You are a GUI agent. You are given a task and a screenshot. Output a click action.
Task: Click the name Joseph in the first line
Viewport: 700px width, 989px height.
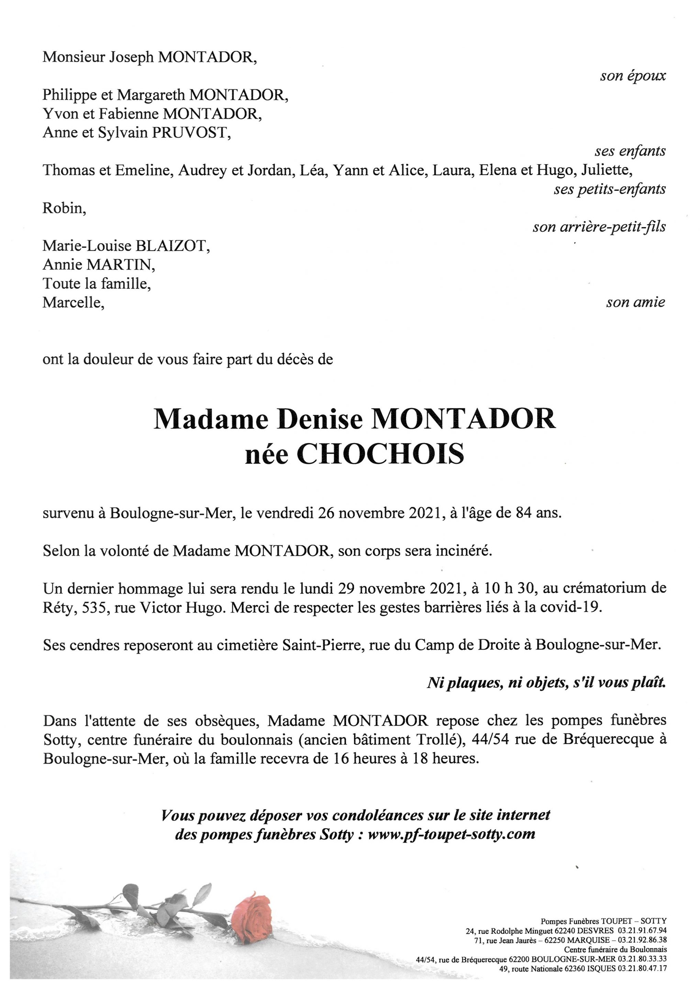pyautogui.click(x=131, y=57)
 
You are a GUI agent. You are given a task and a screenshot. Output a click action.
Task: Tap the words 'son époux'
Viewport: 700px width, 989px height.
pyautogui.click(x=633, y=76)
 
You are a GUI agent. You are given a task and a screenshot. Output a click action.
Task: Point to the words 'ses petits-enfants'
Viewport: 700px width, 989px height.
pyautogui.click(x=610, y=189)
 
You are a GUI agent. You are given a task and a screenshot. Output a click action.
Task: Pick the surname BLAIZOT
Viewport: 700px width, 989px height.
pyautogui.click(x=173, y=246)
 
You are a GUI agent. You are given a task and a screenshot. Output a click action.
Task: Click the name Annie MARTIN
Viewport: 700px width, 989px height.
pyautogui.click(x=99, y=264)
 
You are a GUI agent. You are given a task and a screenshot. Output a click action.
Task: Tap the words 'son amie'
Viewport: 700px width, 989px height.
pyautogui.click(x=635, y=303)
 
